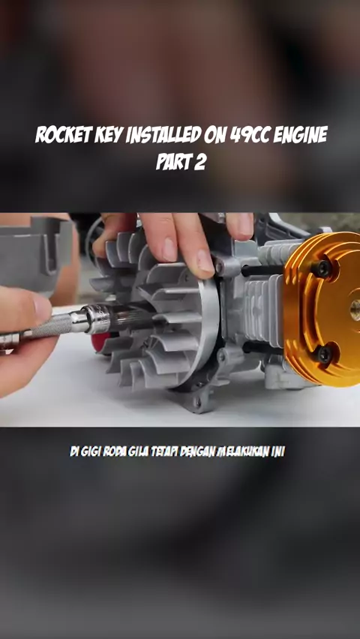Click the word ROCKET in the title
pos(63,135)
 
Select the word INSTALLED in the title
pos(163,135)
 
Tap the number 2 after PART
pos(199,162)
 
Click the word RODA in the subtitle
pos(115,452)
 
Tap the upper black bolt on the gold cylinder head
pos(322,269)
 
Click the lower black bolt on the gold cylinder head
pos(323,354)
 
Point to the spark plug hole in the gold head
pos(355,310)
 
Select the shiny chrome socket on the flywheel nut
pos(96,319)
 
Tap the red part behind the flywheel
pos(100,341)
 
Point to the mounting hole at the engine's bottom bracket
pos(199,402)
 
